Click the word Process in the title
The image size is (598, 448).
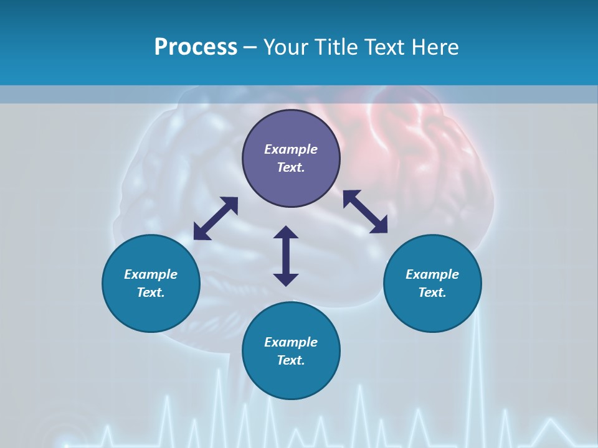pos(196,47)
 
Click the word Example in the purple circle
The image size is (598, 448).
pos(291,149)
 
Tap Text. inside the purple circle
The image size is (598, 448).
pos(291,167)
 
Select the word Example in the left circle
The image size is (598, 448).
pos(151,274)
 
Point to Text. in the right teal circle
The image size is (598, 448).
pos(432,292)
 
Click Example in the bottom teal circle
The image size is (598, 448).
pos(291,342)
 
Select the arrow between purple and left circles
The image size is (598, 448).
pos(216,218)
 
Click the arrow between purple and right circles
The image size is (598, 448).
pos(365,212)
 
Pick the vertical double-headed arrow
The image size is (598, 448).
pos(286,256)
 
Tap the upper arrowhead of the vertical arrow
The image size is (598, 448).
pos(286,232)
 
